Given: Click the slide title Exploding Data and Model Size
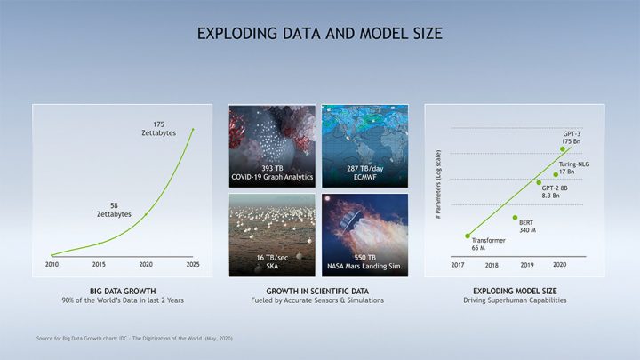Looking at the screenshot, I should tap(319, 35).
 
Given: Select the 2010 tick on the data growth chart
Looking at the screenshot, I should tap(52, 265).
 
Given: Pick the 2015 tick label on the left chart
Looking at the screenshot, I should tap(100, 265).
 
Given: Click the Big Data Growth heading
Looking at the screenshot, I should tap(123, 290).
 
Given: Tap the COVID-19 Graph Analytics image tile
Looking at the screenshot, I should tap(271, 145).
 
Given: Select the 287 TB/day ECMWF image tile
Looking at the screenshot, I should tap(364, 145).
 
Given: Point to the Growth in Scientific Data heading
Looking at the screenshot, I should tap(318, 290).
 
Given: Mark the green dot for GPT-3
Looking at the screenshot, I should tap(562, 149).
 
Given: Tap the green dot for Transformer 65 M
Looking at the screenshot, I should tap(468, 236).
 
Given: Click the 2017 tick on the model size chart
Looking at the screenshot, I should tap(460, 265).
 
